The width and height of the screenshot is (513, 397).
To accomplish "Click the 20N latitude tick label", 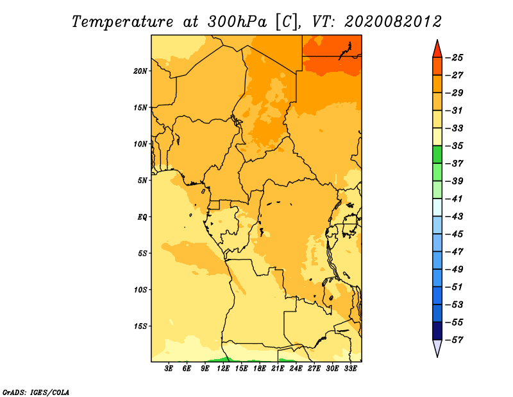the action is [140, 71].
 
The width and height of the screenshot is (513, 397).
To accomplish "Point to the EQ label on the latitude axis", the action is [142, 217].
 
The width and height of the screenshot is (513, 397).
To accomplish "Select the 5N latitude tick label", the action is [142, 181].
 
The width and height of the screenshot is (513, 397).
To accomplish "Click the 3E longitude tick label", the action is [169, 369].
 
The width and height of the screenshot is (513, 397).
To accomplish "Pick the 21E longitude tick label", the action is [278, 369].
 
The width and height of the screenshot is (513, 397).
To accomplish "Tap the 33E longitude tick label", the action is [350, 369].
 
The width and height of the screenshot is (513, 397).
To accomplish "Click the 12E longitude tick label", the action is [223, 369].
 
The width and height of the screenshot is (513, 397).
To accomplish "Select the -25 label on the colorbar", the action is [454, 58].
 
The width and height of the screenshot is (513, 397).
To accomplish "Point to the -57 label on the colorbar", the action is [454, 340].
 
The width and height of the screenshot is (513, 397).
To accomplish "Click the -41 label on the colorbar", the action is [454, 199].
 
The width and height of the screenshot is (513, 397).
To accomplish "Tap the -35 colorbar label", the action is [454, 146].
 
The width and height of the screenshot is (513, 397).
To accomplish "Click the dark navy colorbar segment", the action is [437, 331].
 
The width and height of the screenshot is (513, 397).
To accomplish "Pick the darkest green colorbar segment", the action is [437, 154].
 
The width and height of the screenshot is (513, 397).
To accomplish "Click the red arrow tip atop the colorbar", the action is [437, 40].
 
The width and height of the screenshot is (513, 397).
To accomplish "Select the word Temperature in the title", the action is [122, 22].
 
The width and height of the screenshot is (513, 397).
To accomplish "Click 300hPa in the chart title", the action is [237, 22].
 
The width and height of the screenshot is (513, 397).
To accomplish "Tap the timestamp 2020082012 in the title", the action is [393, 22].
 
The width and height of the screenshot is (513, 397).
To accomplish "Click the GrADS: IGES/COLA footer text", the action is [36, 393].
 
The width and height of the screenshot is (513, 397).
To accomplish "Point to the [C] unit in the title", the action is [287, 22].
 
